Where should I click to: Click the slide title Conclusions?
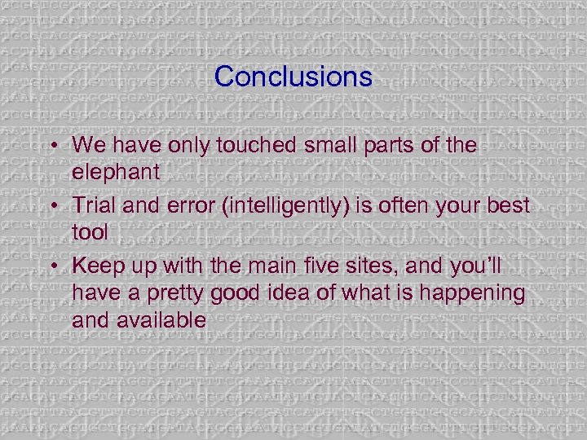[293, 77]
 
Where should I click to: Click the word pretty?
[166, 293]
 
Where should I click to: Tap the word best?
[505, 205]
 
